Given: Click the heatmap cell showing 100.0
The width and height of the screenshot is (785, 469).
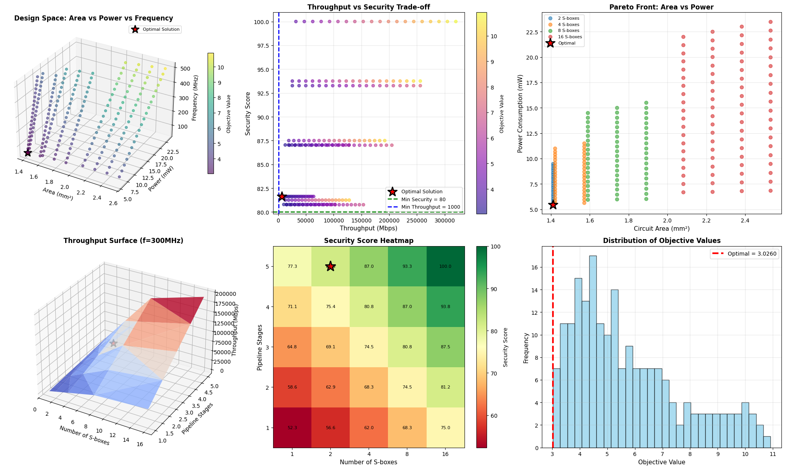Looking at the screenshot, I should pyautogui.click(x=445, y=267).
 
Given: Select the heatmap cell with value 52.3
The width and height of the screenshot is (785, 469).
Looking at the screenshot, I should pyautogui.click(x=292, y=428).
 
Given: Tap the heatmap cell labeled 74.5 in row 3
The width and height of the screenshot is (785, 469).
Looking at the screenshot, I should pyautogui.click(x=369, y=347).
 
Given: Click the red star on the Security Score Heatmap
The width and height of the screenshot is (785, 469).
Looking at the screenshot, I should pyautogui.click(x=331, y=267).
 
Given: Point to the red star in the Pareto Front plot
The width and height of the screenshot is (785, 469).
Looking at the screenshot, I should pyautogui.click(x=553, y=204).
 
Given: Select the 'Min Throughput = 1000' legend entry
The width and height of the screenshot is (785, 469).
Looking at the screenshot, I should pyautogui.click(x=430, y=207).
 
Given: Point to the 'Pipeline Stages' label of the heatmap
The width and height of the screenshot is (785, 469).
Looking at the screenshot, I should pyautogui.click(x=259, y=347).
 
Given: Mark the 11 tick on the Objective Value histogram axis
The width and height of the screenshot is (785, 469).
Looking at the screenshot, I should pyautogui.click(x=772, y=454).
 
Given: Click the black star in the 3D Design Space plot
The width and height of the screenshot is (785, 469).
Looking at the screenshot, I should pyautogui.click(x=28, y=153).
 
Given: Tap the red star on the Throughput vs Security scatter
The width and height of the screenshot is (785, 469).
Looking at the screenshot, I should pyautogui.click(x=281, y=196).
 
